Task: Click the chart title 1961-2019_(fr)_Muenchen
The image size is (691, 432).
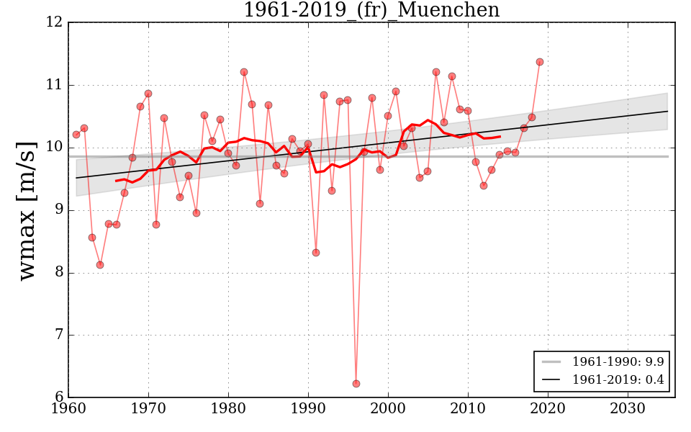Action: click(x=371, y=10)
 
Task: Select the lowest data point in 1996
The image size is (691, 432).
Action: click(x=356, y=384)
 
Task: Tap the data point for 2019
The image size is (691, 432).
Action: click(x=540, y=62)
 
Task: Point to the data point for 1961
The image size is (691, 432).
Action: click(x=76, y=135)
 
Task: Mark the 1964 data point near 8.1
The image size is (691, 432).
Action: click(x=100, y=265)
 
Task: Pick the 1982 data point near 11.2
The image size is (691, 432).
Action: click(x=244, y=72)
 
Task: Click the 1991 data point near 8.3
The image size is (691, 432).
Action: click(x=316, y=253)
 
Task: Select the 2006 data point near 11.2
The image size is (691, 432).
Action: click(x=436, y=72)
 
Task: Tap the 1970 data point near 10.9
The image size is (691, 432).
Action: click(x=148, y=94)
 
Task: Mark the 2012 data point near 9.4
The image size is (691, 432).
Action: click(x=484, y=186)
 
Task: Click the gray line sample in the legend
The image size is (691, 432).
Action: click(x=552, y=361)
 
